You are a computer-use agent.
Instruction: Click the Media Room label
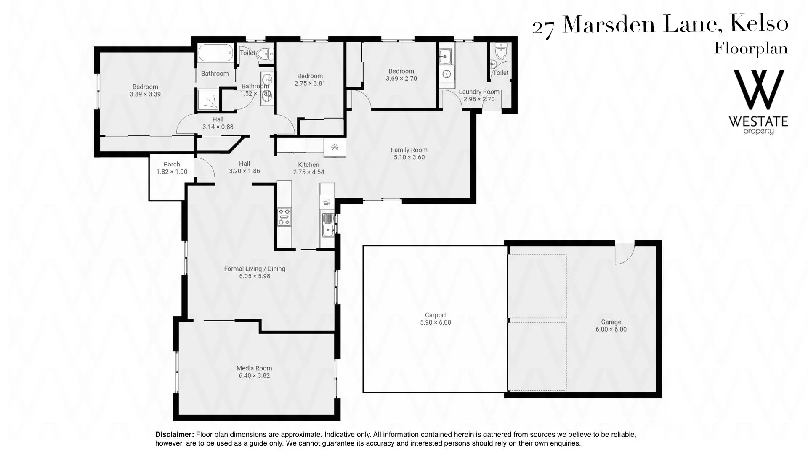(254, 368)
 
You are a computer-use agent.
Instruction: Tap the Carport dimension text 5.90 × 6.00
(436, 322)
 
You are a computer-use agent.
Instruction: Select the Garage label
(611, 322)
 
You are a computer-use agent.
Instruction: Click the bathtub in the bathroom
(215, 53)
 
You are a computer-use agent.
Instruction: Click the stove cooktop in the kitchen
(284, 216)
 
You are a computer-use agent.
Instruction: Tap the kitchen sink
(327, 224)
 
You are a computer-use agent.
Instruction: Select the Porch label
(172, 164)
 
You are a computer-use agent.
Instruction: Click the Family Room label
(409, 150)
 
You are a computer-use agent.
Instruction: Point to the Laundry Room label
(479, 92)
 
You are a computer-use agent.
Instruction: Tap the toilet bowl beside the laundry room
(500, 51)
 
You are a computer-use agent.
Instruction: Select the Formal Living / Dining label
(255, 269)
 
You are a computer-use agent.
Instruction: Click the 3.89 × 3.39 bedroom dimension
(145, 94)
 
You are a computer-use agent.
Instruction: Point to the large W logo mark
(759, 90)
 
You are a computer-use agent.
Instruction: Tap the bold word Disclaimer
(175, 434)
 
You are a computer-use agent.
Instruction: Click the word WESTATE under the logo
(758, 122)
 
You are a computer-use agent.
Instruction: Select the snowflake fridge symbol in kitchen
(335, 147)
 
